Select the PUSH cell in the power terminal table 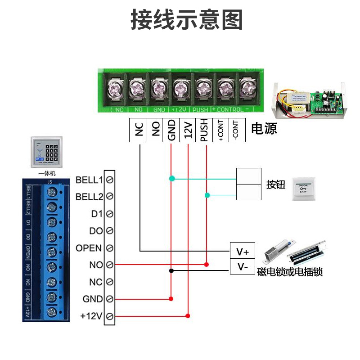204,130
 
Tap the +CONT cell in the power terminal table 220,130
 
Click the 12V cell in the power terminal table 188,130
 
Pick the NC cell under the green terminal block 138,130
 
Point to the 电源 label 264,129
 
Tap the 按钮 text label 276,184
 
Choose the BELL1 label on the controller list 90,180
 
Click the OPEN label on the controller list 89,248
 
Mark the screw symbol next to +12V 109,316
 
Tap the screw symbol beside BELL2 109,197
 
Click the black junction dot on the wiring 171,270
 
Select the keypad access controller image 47,152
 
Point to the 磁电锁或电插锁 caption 290,272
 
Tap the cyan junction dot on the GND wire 171,179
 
